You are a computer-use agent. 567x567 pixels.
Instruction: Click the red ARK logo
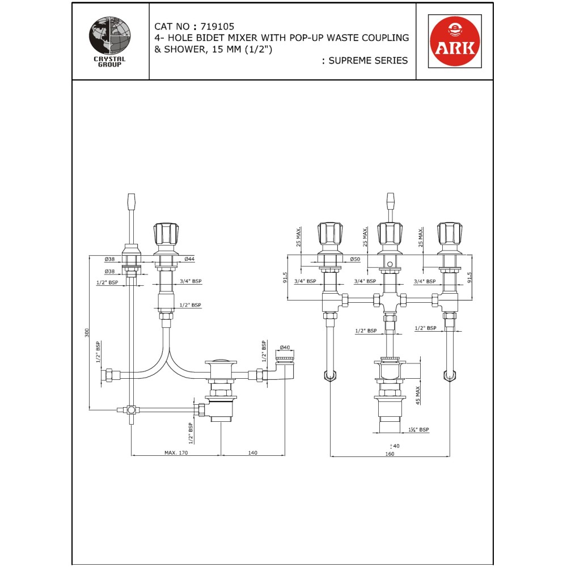pyautogui.click(x=455, y=41)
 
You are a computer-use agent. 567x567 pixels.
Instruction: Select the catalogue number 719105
pyautogui.click(x=217, y=27)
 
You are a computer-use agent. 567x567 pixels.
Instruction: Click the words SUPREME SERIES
pyautogui.click(x=368, y=61)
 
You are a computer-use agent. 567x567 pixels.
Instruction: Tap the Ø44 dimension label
pyautogui.click(x=189, y=259)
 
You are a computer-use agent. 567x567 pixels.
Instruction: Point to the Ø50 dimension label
pyautogui.click(x=355, y=259)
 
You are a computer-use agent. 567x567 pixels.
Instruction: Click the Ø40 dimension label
pyautogui.click(x=285, y=348)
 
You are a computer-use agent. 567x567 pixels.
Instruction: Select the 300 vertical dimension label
pyautogui.click(x=87, y=333)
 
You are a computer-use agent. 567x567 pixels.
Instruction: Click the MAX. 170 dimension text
pyautogui.click(x=176, y=452)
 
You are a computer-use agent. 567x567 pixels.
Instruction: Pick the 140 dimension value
pyautogui.click(x=253, y=452)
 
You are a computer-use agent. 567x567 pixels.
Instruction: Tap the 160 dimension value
pyautogui.click(x=390, y=454)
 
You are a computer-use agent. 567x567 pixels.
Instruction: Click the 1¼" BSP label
pyautogui.click(x=418, y=430)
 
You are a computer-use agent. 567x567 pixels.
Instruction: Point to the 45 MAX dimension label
pyautogui.click(x=418, y=395)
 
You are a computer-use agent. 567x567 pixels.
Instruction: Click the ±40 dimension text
pyautogui.click(x=395, y=446)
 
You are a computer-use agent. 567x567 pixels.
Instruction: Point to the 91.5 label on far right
pyautogui.click(x=469, y=278)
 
